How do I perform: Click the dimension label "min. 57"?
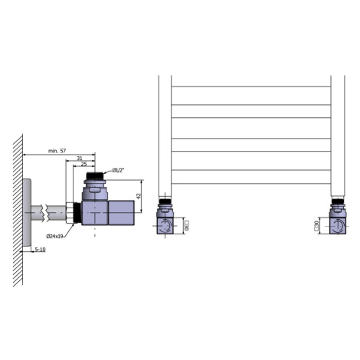pyautogui.click(x=57, y=151)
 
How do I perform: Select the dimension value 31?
pyautogui.click(x=80, y=159)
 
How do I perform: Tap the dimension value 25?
pyautogui.click(x=83, y=164)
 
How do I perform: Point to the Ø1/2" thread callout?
pyautogui.click(x=118, y=170)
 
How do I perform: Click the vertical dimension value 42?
pyautogui.click(x=139, y=196)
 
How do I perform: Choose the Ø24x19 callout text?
pyautogui.click(x=54, y=236)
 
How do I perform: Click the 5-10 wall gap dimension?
pyautogui.click(x=40, y=249)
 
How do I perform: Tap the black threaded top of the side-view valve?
pyautogui.click(x=95, y=175)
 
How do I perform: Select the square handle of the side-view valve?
pyautogui.click(x=121, y=213)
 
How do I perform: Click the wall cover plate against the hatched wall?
pyautogui.click(x=27, y=212)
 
